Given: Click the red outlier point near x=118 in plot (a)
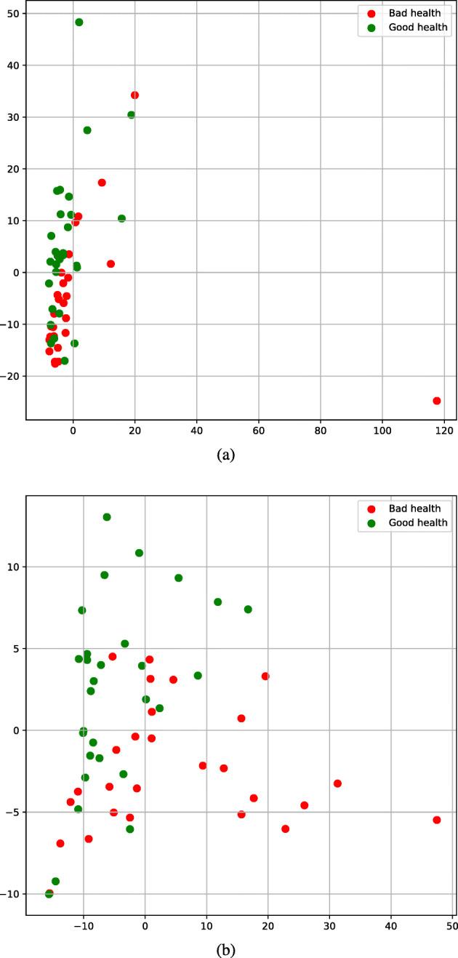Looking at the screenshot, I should click(x=437, y=401).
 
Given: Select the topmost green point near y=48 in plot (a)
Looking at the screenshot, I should click(x=79, y=23).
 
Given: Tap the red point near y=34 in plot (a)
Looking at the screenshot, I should click(x=134, y=95).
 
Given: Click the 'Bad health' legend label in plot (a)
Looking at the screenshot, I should click(x=415, y=13).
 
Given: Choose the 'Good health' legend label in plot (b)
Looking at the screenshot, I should click(x=418, y=522).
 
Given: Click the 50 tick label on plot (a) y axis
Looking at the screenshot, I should click(x=12, y=14).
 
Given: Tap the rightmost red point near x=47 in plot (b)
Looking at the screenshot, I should click(x=437, y=820).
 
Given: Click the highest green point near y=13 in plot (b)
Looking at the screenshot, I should click(x=107, y=517).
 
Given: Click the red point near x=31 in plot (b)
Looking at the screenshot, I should click(x=337, y=783).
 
